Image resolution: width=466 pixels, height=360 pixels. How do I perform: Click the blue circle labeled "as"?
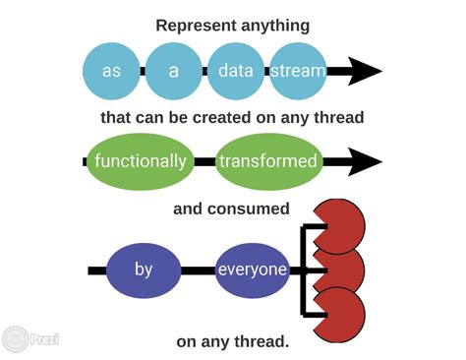click(x=111, y=71)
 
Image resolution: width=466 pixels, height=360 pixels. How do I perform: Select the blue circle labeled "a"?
click(x=173, y=71)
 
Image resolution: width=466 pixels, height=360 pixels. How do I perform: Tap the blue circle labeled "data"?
click(x=235, y=71)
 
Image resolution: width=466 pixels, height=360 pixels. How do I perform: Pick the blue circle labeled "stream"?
click(x=297, y=71)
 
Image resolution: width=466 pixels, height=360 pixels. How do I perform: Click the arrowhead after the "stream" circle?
click(x=363, y=71)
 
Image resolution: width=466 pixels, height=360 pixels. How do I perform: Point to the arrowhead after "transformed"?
click(x=363, y=161)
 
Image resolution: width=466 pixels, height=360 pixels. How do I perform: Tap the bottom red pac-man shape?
click(x=338, y=310)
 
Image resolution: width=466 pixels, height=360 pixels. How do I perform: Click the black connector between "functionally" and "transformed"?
click(x=204, y=161)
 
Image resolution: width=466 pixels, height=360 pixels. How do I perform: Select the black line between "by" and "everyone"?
click(x=198, y=269)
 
